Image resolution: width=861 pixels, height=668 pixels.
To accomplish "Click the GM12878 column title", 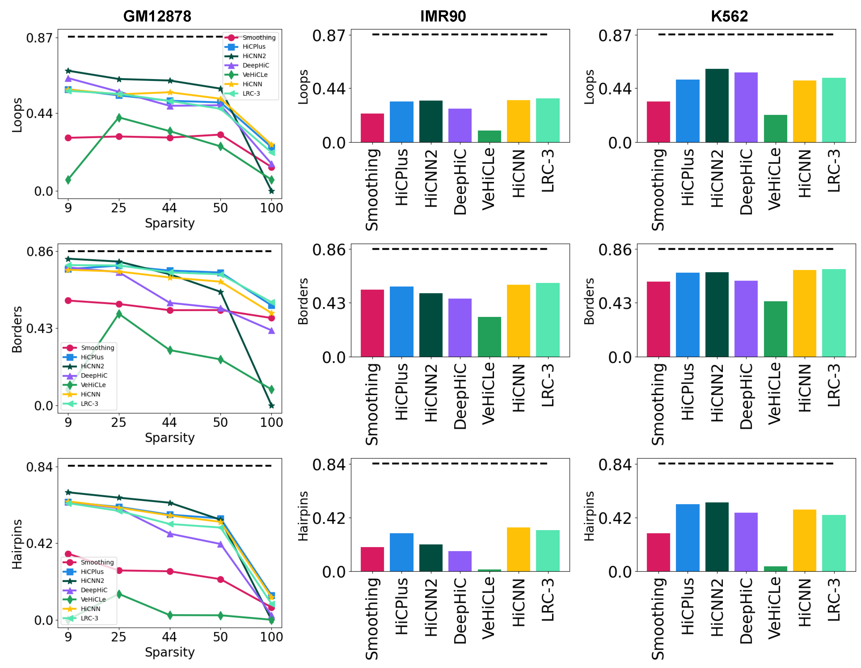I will (157, 16).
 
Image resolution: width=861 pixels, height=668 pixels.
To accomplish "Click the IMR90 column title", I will (443, 16).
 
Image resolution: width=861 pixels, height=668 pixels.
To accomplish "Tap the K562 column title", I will (729, 16).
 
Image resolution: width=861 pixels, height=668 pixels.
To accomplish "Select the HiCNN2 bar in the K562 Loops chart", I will (717, 106).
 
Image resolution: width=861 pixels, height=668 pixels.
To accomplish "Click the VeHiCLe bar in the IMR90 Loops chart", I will (489, 137).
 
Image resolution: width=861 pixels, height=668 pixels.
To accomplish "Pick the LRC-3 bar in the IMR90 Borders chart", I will (548, 320).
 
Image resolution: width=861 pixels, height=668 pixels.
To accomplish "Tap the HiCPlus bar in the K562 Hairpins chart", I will (688, 538).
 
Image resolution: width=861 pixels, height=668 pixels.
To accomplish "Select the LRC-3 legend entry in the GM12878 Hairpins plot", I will (89, 618).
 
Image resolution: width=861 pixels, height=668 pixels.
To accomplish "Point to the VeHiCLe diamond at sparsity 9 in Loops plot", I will (68, 180).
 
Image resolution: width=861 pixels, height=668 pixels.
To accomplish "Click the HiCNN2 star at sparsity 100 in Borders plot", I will (271, 405).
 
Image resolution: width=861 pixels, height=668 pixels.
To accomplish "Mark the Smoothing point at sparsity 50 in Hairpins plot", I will (220, 579).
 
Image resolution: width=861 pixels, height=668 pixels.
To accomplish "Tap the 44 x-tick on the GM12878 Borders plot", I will (169, 422).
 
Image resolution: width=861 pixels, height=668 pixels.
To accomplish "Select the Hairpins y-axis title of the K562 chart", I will (589, 516).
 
